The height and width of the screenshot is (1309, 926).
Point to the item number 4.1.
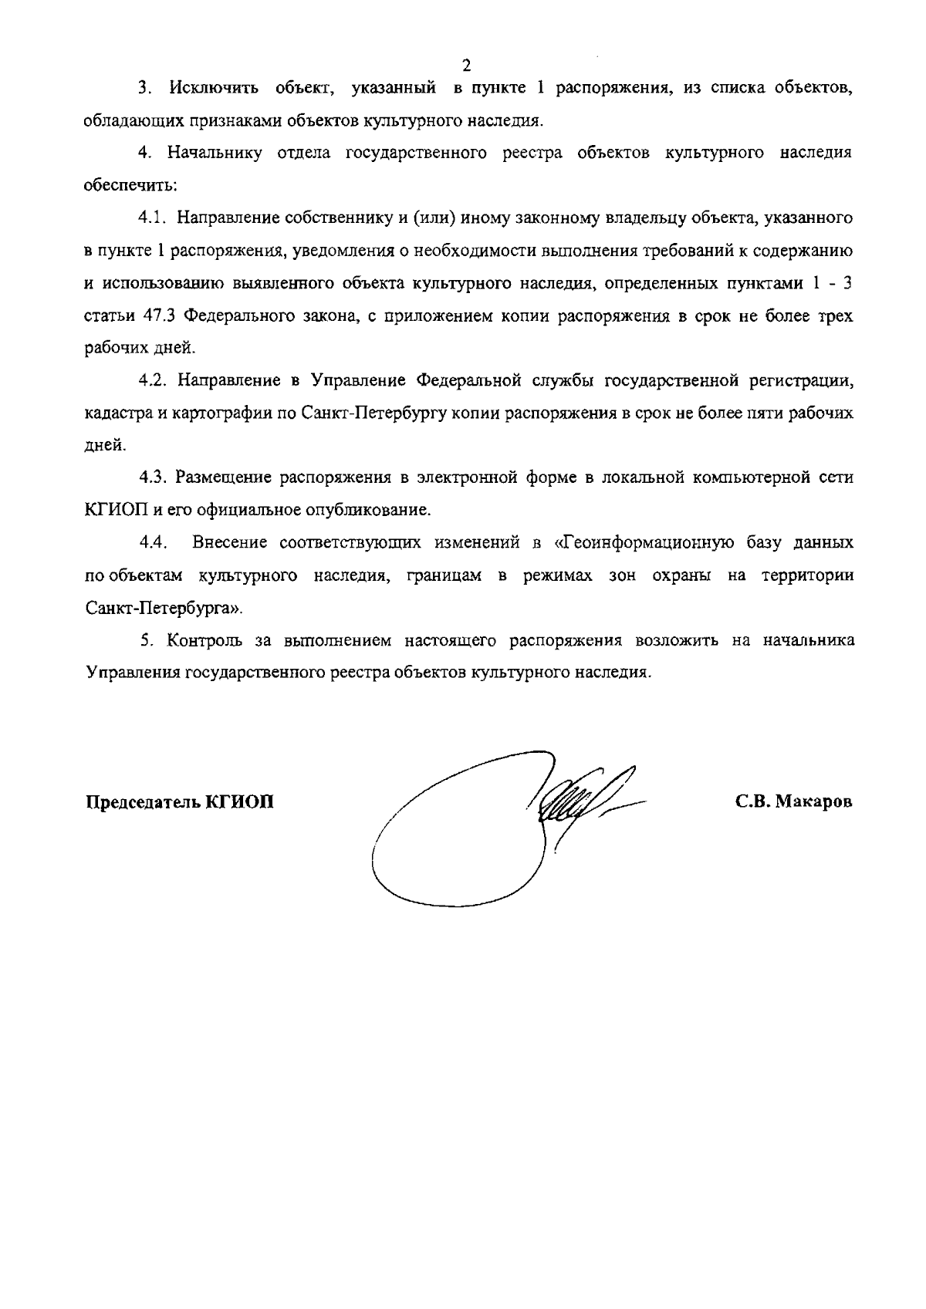click(154, 218)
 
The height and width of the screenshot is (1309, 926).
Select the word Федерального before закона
click(235, 316)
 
